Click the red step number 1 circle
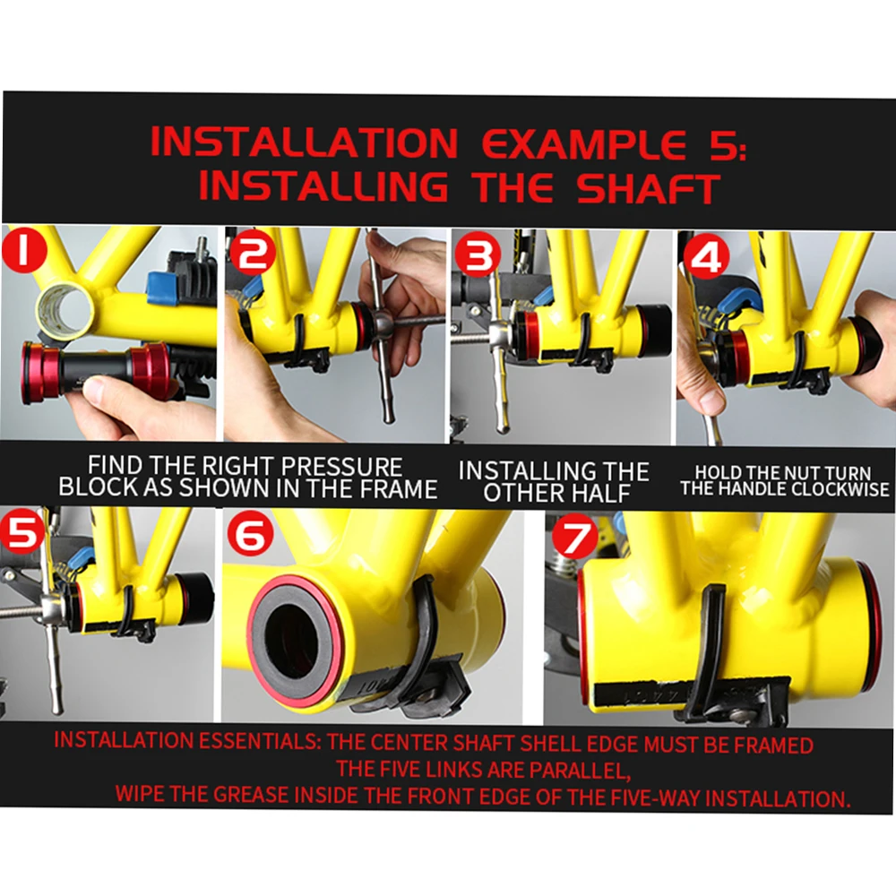[24, 252]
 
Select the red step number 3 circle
[478, 254]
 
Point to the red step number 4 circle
[708, 256]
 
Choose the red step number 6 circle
[250, 534]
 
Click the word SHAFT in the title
[648, 187]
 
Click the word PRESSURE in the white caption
[341, 466]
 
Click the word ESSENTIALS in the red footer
[258, 741]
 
